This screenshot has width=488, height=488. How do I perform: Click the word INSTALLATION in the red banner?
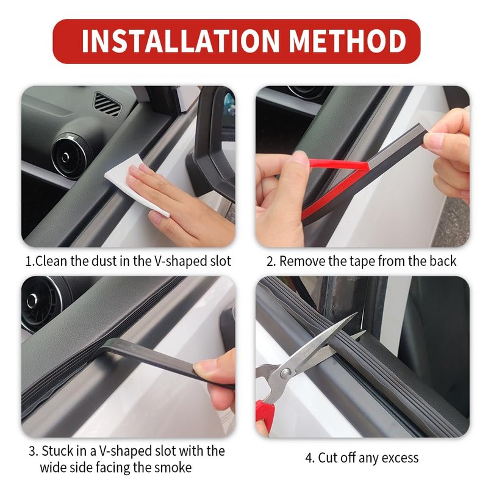tap(181, 41)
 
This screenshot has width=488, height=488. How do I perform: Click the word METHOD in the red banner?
tap(348, 41)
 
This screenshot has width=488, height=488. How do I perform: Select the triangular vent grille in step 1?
tap(107, 104)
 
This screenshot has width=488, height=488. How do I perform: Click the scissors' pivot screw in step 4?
tap(285, 373)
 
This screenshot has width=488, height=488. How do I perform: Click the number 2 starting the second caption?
tap(270, 262)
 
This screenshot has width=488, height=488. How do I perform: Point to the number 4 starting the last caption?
tap(309, 458)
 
